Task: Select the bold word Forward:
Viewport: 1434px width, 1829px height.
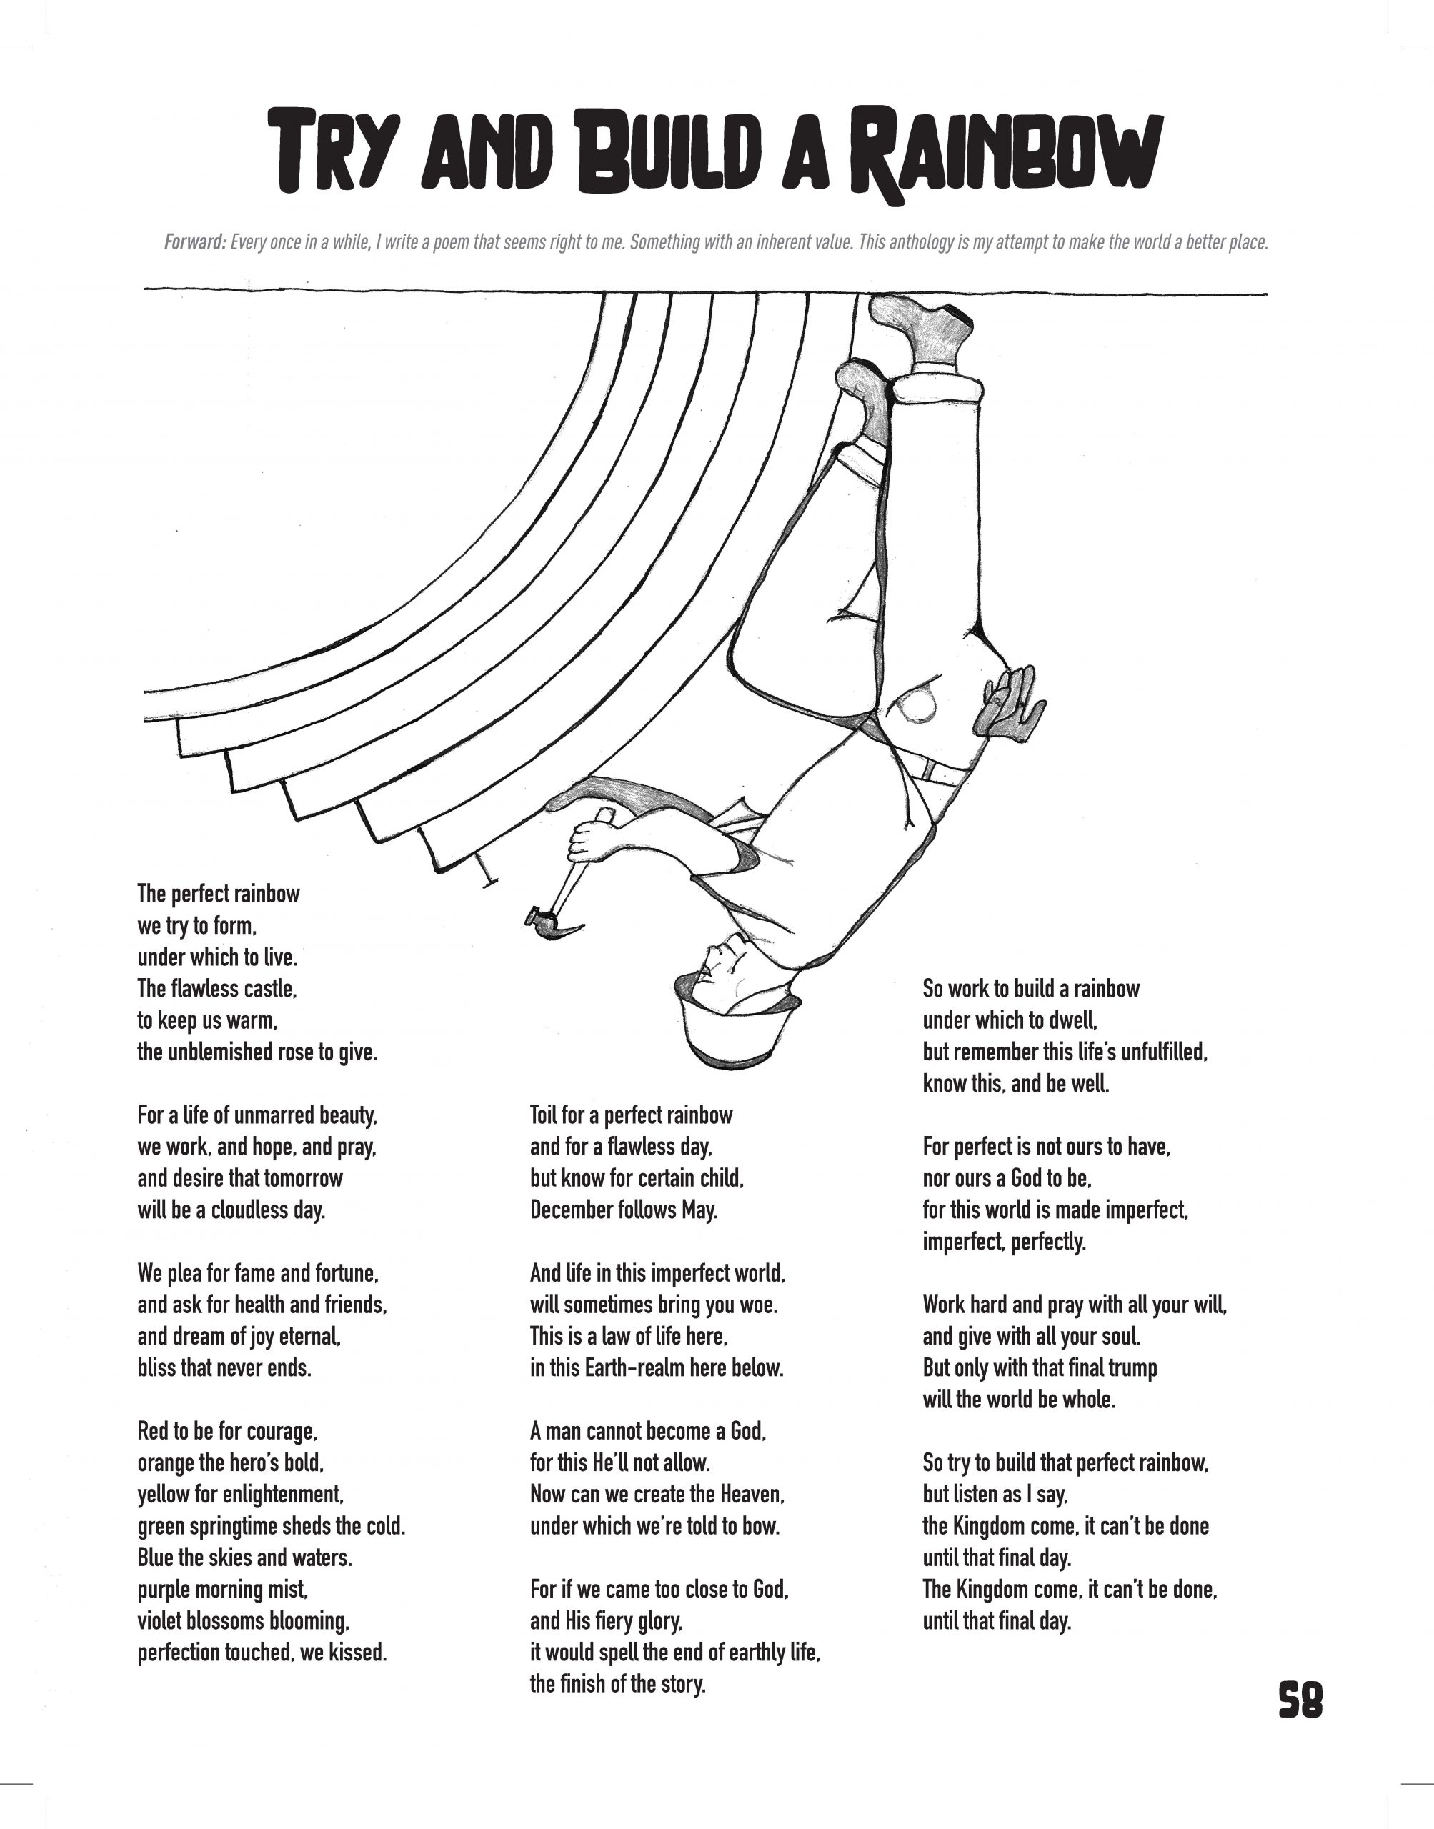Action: [195, 243]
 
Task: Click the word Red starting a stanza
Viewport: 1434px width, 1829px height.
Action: [153, 1430]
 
